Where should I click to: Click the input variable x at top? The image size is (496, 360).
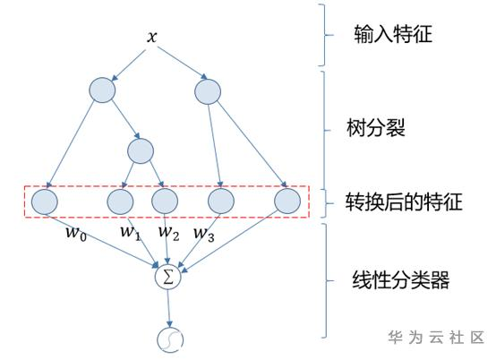[x=152, y=37]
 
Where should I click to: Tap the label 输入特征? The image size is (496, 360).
[x=393, y=34]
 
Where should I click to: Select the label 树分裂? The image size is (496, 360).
[x=376, y=128]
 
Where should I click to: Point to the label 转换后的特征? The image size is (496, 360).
[x=404, y=201]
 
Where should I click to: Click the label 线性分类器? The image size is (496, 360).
[x=401, y=280]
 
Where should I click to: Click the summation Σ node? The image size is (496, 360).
[x=168, y=277]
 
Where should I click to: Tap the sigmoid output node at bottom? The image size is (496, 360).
[x=170, y=340]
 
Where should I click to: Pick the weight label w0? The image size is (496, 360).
[x=76, y=234]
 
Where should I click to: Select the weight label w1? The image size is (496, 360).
[x=131, y=232]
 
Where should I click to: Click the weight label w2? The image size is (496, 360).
[x=169, y=233]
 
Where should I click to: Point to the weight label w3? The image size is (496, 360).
[x=204, y=234]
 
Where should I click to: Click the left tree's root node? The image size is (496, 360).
[x=102, y=90]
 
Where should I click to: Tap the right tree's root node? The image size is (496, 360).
[x=208, y=91]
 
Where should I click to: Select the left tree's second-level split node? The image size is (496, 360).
[x=141, y=151]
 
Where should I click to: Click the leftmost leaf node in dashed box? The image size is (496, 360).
[x=45, y=201]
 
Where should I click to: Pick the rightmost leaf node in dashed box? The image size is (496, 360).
[x=287, y=201]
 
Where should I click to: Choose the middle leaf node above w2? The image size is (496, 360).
[x=165, y=201]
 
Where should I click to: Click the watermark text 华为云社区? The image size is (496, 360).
[x=436, y=338]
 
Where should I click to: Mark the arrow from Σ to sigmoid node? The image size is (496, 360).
[x=168, y=309]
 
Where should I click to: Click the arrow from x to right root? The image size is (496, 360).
[x=183, y=63]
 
